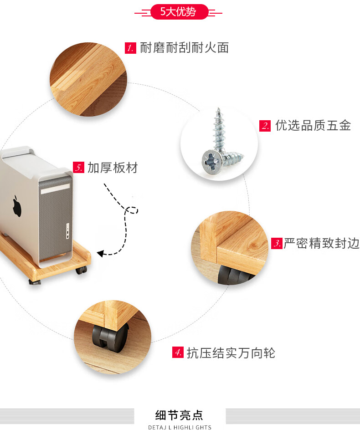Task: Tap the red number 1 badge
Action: [x=131, y=48]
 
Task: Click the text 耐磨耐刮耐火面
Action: [x=184, y=48]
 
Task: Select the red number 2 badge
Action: [x=265, y=126]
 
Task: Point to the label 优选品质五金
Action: [x=313, y=126]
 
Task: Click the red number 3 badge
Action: [x=277, y=243]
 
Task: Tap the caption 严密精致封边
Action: [x=321, y=243]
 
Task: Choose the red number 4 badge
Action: [x=178, y=352]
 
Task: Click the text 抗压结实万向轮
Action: [x=231, y=352]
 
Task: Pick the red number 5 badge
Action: [x=79, y=168]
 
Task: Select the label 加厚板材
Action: [x=112, y=168]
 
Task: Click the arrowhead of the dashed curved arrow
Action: [x=100, y=254]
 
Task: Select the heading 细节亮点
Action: [x=179, y=415]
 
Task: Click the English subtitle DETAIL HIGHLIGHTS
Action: [x=180, y=428]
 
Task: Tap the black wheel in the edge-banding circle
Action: [x=232, y=275]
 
